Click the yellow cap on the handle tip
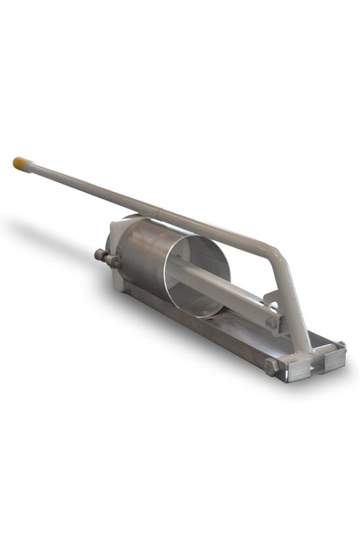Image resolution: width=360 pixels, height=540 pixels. [x=20, y=163]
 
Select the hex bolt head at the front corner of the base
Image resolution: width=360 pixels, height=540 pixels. [x=271, y=367]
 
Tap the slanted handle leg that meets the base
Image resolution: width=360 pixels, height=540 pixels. [x=294, y=306]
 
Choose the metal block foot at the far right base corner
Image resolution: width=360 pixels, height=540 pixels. [x=333, y=357]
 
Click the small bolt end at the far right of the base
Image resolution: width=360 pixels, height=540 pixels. [x=343, y=344]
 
